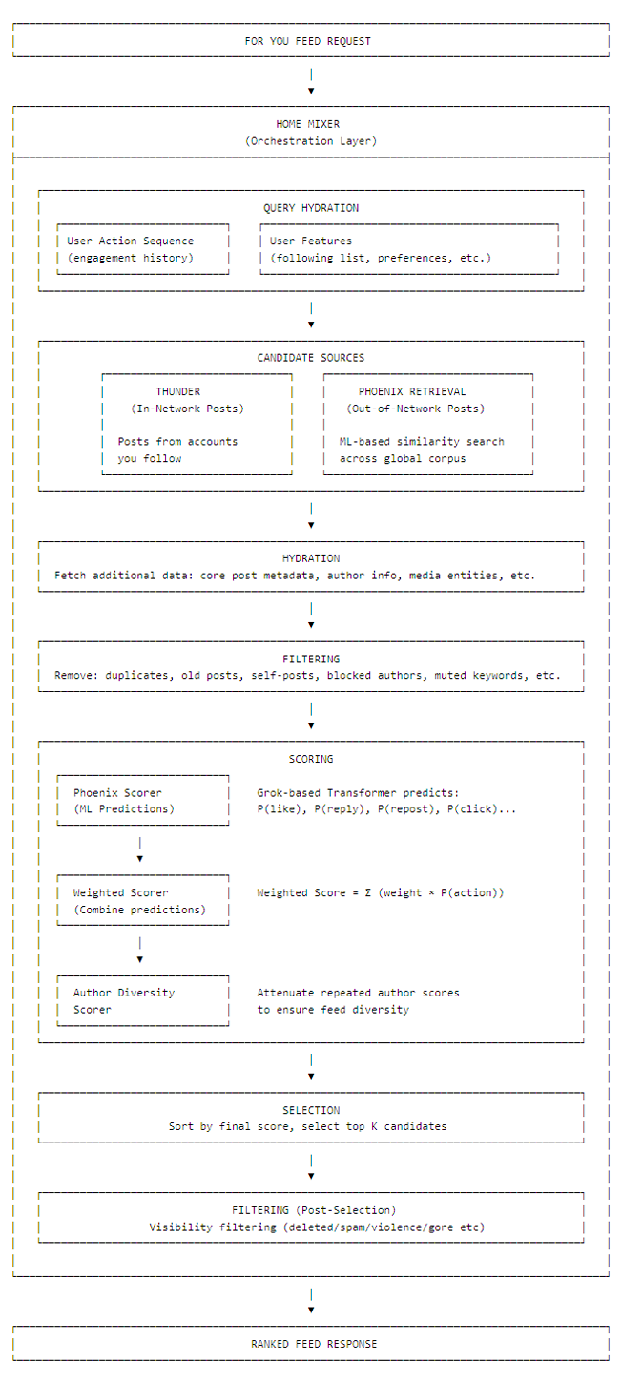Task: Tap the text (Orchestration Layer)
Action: [x=311, y=141]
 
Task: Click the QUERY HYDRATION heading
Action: [x=311, y=208]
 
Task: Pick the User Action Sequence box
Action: [x=143, y=249]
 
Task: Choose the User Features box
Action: [x=409, y=249]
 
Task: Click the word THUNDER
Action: [x=178, y=391]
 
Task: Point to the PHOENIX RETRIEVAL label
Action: [x=412, y=391]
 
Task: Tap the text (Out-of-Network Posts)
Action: [x=416, y=409]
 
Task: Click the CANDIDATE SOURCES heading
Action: [x=311, y=358]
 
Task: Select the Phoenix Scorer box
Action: [x=143, y=801]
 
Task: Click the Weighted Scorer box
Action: [x=143, y=901]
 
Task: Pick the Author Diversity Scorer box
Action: [x=143, y=1000]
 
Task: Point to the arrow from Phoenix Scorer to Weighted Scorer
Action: [x=140, y=850]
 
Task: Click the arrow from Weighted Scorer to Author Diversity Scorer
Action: [x=140, y=951]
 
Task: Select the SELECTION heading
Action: [x=311, y=1110]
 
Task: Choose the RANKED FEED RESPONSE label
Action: [x=314, y=1344]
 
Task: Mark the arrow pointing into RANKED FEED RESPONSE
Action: [x=311, y=1302]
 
